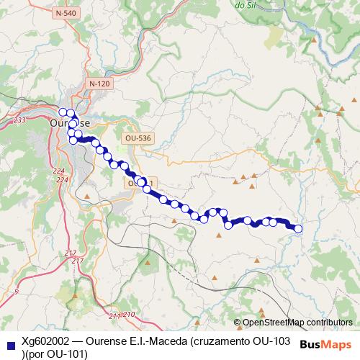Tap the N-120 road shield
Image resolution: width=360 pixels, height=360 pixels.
pos(99,84)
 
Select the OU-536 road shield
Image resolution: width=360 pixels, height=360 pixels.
pos(136,138)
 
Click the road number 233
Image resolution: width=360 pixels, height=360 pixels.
pos(19,120)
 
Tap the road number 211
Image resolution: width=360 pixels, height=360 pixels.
pos(115,315)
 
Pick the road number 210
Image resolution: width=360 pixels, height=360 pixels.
pos(129,315)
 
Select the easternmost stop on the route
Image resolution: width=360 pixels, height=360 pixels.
pos(298,229)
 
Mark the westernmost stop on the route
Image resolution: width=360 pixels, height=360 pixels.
pos(63,112)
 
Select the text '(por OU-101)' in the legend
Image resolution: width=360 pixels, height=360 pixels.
pos(55,354)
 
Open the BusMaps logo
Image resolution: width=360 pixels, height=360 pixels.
pos(325,344)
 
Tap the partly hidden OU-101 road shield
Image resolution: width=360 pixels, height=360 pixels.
pos(134,184)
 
